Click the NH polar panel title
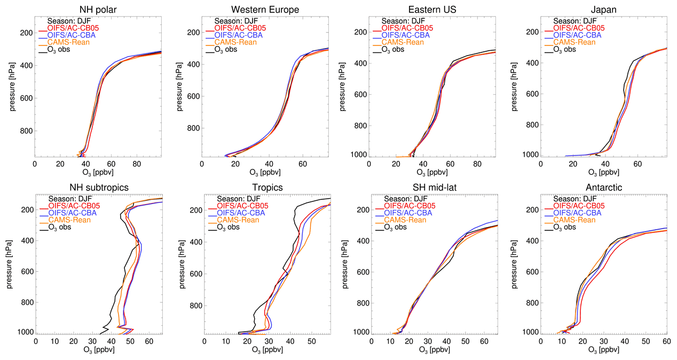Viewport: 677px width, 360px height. click(x=98, y=10)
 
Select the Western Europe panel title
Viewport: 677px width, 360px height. click(x=265, y=10)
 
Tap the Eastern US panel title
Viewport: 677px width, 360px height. click(x=432, y=10)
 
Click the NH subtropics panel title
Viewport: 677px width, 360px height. click(x=99, y=187)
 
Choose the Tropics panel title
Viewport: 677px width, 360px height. click(x=265, y=187)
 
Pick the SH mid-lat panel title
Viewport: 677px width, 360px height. click(x=433, y=187)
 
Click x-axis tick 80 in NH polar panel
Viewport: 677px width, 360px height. click(x=136, y=165)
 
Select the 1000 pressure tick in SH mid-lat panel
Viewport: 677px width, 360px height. click(x=361, y=332)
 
